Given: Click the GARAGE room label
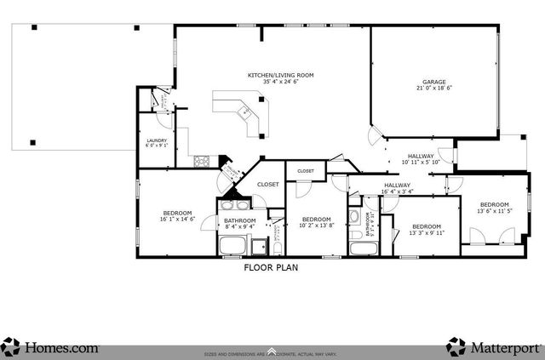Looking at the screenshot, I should (x=433, y=80).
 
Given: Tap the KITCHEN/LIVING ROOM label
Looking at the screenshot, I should (x=281, y=75).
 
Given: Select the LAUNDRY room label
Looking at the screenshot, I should (x=157, y=140).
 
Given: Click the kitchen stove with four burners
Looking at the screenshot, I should (x=202, y=160).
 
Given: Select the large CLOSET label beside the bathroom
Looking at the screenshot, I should (x=268, y=184).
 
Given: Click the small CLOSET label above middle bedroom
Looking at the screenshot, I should (x=305, y=171).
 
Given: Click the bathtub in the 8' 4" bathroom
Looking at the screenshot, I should (x=232, y=246).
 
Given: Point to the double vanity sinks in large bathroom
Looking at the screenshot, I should (x=233, y=205).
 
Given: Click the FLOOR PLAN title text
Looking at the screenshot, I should (x=271, y=266).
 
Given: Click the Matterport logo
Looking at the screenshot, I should (x=495, y=347).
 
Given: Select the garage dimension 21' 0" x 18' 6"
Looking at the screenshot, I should (x=433, y=88).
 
